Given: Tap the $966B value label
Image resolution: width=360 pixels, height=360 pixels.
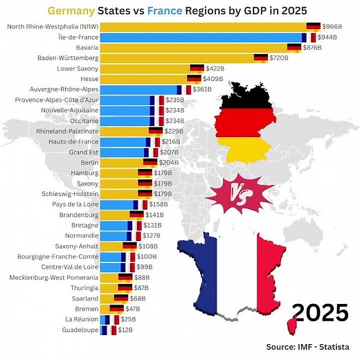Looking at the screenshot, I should tap(335, 26).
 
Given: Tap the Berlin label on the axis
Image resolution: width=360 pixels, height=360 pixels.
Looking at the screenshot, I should tap(87, 163).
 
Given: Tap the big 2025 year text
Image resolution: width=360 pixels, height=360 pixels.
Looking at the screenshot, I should tap(318, 313).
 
